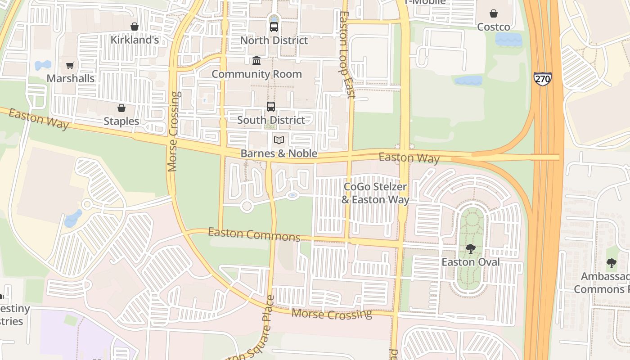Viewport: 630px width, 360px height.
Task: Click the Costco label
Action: tap(493, 27)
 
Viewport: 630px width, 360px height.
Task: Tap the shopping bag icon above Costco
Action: tap(494, 13)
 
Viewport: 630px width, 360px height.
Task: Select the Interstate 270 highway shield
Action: tap(543, 79)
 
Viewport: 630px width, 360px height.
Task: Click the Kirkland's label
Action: tap(135, 40)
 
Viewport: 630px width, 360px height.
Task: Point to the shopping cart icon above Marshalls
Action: tap(70, 66)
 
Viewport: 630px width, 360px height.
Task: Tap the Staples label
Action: tap(121, 121)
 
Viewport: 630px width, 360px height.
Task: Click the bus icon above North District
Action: tap(274, 27)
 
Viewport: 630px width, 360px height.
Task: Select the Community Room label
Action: tap(256, 74)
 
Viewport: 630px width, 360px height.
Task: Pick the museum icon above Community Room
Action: tap(256, 60)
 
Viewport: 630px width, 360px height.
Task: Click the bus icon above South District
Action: tap(270, 107)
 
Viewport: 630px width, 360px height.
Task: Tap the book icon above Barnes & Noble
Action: tap(279, 140)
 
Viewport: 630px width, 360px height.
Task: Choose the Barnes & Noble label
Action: tap(279, 153)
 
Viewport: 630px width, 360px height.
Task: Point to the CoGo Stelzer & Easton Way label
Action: tap(375, 193)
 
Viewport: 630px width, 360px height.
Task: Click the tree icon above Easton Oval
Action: tap(471, 249)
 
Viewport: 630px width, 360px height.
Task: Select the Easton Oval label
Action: tap(471, 262)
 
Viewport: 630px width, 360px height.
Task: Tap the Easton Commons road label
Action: tap(254, 234)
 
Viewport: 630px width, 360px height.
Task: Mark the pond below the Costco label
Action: tap(508, 40)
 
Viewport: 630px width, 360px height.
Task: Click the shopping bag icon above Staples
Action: tap(121, 108)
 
